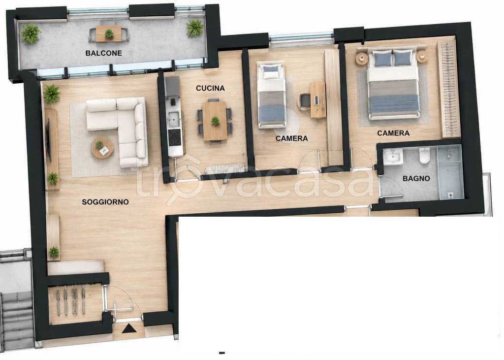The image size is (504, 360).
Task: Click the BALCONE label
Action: (x=103, y=53)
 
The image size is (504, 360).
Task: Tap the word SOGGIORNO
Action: (x=105, y=202)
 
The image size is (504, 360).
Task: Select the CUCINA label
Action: (x=210, y=88)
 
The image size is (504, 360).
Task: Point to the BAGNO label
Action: (x=416, y=179)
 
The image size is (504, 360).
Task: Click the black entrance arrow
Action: (x=129, y=328)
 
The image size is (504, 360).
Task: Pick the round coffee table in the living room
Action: (x=102, y=148)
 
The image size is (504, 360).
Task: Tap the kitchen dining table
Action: (x=215, y=121)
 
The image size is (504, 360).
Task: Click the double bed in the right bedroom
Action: (x=394, y=84)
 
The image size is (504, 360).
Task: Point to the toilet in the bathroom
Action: (x=424, y=156)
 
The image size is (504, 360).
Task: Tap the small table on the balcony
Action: (x=109, y=34)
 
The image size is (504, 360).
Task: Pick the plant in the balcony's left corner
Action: (x=31, y=33)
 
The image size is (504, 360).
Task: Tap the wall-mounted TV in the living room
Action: (x=49, y=140)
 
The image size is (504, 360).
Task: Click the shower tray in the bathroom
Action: (x=450, y=172)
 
